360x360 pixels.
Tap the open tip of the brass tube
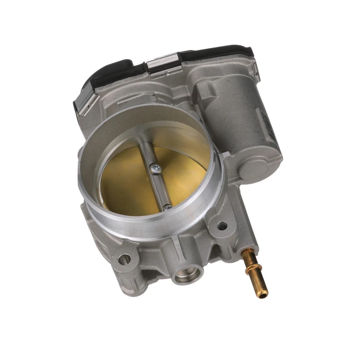point(263,295)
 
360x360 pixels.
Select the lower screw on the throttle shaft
point(168,207)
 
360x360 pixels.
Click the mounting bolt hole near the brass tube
point(222,226)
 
